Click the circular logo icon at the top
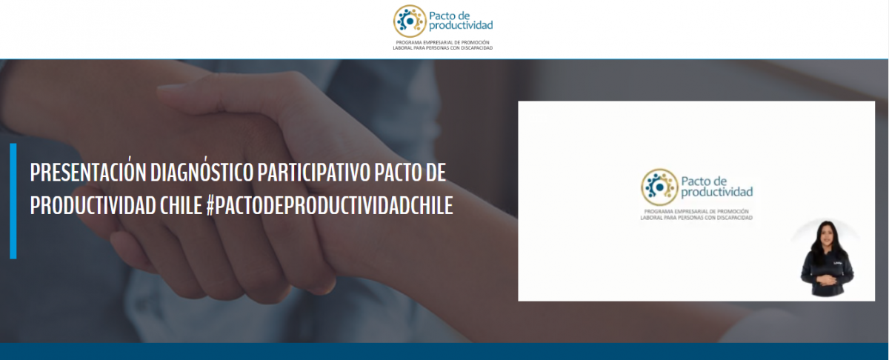click(x=410, y=21)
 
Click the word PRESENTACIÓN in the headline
click(x=88, y=173)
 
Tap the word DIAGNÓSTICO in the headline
click(x=202, y=173)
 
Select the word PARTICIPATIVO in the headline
click(x=314, y=173)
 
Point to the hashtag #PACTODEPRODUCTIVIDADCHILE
click(x=330, y=206)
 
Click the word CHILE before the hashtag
click(x=182, y=206)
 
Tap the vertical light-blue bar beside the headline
click(x=13, y=201)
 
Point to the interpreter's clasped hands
click(x=827, y=281)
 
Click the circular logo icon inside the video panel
click(x=659, y=187)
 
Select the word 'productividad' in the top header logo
click(x=461, y=25)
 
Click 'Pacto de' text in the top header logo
click(x=449, y=16)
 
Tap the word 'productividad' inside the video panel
click(x=717, y=193)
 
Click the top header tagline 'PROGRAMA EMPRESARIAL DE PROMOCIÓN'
click(x=442, y=42)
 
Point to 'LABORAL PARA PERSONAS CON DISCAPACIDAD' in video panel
click(x=696, y=218)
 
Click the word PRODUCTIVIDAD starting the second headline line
click(x=93, y=206)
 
